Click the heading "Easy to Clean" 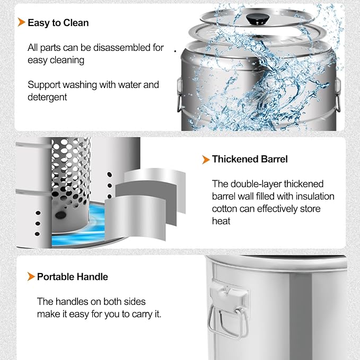58,23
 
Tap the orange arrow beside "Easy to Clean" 21,22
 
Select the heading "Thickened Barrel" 250,159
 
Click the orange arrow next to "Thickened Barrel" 206,160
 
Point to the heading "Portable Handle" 72,277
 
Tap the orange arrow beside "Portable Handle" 31,276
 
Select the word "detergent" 47,98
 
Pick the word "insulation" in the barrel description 315,197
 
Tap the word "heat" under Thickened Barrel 221,221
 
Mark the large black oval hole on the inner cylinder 60,215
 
